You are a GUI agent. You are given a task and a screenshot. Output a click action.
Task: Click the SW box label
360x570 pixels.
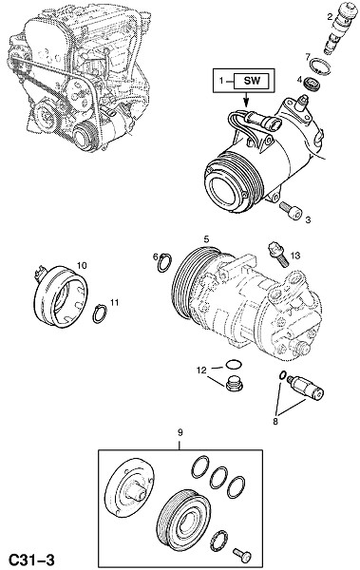pos(252,81)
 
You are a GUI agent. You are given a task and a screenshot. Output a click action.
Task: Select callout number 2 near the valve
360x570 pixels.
pos(330,16)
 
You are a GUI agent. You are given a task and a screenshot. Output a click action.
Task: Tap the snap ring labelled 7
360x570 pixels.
pos(321,68)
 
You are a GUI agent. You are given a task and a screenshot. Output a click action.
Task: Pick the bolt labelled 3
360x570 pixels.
pos(292,211)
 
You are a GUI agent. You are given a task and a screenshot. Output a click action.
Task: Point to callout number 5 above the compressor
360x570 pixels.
pos(206,239)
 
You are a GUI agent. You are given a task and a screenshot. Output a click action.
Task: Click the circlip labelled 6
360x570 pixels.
pos(164,262)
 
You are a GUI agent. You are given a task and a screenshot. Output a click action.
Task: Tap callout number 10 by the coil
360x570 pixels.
pos(82,265)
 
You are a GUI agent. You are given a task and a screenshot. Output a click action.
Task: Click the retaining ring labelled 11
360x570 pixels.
pos(100,313)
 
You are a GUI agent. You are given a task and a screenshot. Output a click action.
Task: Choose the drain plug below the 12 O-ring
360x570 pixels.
pos(235,385)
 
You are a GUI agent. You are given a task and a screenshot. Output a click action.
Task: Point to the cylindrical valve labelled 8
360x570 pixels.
pos(305,388)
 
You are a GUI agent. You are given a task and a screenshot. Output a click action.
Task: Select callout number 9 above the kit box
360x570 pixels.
pos(180,432)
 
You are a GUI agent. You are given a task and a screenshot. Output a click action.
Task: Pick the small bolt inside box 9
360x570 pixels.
pos(242,555)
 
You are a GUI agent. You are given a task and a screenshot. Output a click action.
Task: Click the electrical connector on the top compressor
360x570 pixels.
pos(263,122)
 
